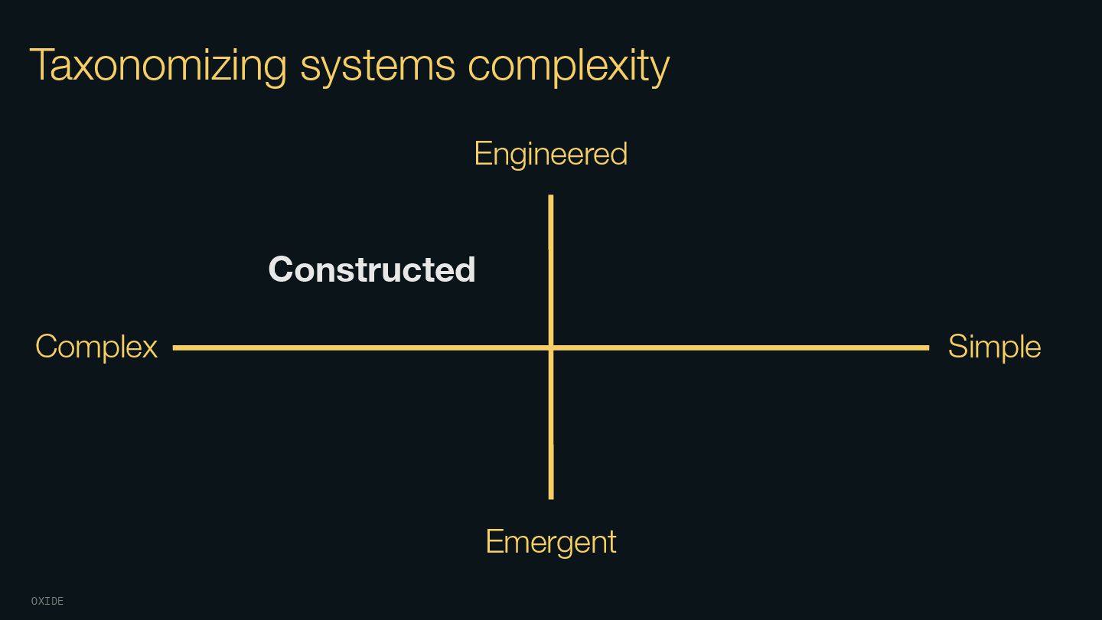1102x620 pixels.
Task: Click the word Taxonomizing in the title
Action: tap(158, 65)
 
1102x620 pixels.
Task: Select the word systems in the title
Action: tap(377, 65)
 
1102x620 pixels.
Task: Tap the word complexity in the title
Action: tap(569, 65)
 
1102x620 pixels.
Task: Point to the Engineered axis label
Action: tap(550, 154)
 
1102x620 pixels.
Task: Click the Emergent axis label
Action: tap(550, 542)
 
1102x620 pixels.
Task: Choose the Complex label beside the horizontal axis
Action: tap(96, 347)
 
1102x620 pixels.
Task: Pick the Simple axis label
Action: tap(994, 347)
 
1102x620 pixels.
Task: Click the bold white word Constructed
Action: tap(372, 269)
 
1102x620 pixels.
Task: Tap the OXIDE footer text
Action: tap(47, 602)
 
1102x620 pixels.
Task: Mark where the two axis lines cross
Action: tap(551, 348)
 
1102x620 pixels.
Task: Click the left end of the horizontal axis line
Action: tap(175, 348)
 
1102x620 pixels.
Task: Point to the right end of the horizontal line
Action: tap(928, 348)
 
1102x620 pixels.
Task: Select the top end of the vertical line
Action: tap(551, 197)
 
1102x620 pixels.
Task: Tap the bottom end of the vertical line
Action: tap(551, 498)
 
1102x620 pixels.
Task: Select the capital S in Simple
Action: tap(959, 347)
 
